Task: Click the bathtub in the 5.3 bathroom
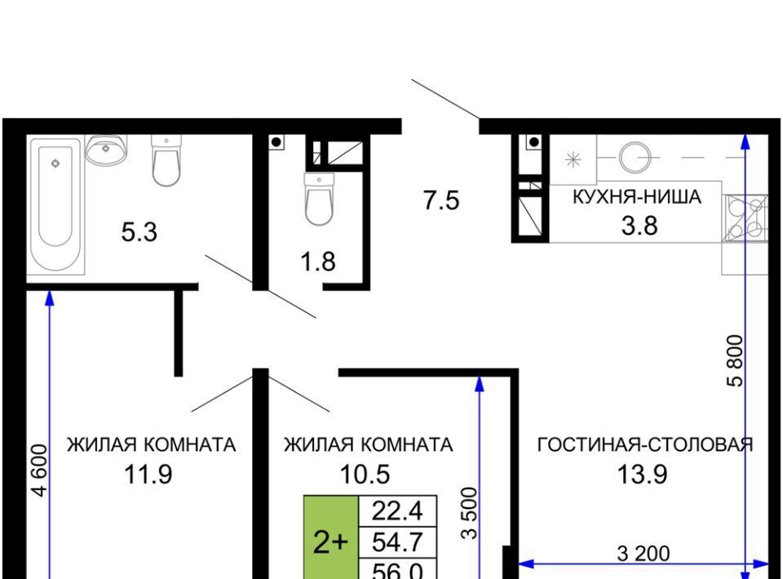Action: point(55,204)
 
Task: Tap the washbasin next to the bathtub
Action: point(105,149)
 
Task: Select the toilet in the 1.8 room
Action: point(319,199)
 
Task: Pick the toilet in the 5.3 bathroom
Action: point(166,160)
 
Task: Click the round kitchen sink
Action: point(635,157)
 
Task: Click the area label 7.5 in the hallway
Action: point(441,201)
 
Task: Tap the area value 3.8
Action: point(639,226)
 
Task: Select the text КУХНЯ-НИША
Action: point(637,197)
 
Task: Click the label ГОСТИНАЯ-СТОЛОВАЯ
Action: point(645,444)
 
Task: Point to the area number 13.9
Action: point(642,474)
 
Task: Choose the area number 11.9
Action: point(148,474)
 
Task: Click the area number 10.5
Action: point(365,474)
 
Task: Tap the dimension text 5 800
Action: point(736,361)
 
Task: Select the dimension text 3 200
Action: point(644,554)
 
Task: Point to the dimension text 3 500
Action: point(470,513)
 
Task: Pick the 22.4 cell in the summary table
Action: point(398,511)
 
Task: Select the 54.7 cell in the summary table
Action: point(398,542)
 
